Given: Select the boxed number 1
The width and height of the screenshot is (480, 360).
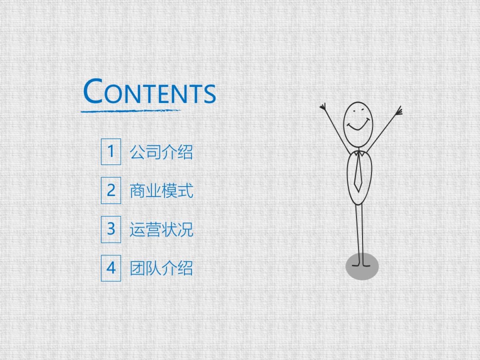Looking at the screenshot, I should click(x=111, y=152).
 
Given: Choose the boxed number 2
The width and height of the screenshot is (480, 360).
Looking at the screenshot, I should click(x=111, y=190).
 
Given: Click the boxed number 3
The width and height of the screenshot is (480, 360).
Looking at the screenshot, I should click(x=111, y=229).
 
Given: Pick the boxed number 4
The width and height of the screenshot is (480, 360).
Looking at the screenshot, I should click(x=111, y=268).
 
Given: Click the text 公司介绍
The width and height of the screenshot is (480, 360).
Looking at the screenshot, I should click(x=161, y=152).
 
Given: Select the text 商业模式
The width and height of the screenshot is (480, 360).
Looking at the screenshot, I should click(x=161, y=191).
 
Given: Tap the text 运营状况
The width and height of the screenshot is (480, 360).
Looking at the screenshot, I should click(x=161, y=230).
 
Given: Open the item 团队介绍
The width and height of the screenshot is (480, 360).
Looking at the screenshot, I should click(x=161, y=268).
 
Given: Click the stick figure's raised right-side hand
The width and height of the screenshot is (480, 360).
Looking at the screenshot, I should click(x=398, y=110).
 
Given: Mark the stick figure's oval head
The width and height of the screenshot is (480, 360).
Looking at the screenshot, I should click(x=358, y=124).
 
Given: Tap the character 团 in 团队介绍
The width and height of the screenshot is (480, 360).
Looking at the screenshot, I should click(x=137, y=268).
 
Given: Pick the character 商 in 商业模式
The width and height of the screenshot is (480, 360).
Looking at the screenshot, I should click(x=137, y=191).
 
